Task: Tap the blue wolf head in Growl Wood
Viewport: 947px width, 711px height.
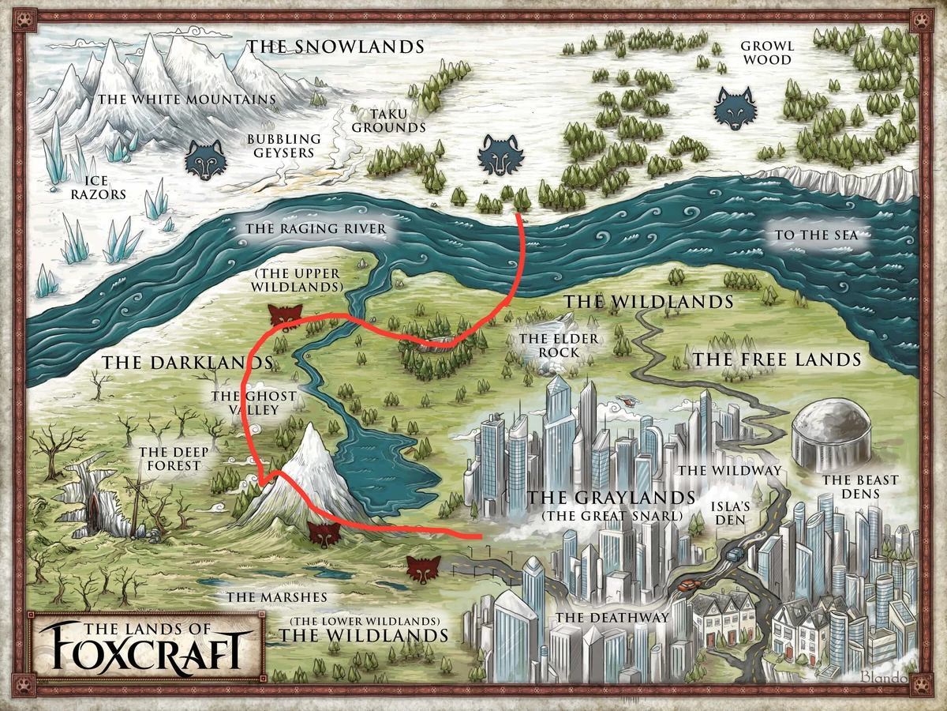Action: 735,108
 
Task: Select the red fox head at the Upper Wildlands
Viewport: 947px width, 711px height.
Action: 285,314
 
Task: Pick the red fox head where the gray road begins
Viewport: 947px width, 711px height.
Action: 424,568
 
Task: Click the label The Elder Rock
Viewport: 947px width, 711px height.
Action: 559,345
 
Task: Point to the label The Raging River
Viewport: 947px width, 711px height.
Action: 316,229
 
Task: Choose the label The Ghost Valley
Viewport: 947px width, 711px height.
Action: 245,403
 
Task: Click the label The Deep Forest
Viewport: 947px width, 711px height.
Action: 170,459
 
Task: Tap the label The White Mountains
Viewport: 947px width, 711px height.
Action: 185,100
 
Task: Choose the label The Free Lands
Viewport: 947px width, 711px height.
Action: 777,360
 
